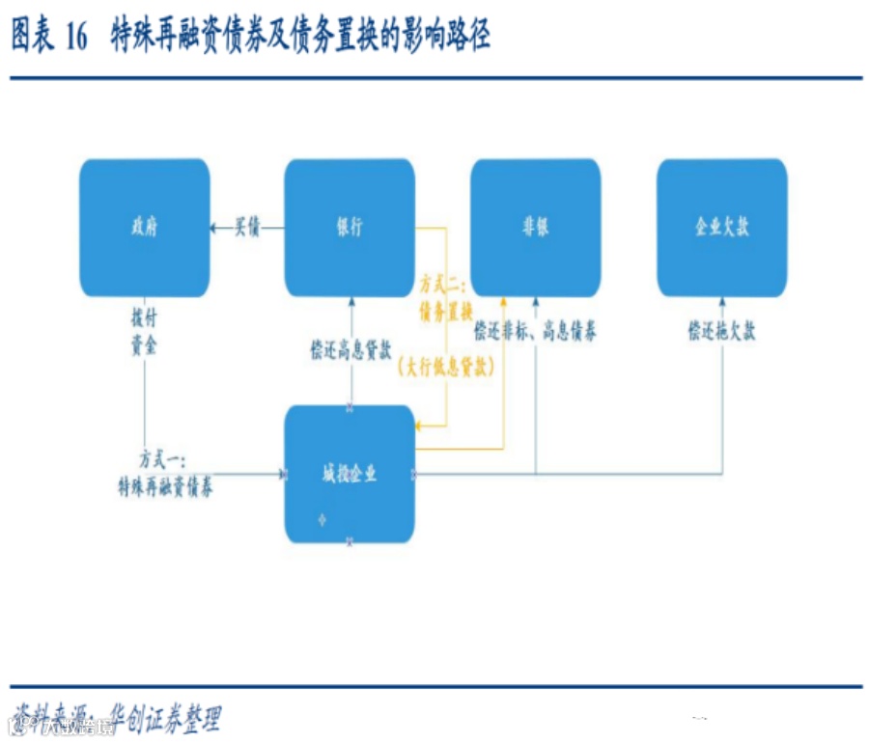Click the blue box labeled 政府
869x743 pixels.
pos(144,228)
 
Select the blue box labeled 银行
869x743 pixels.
pos(349,228)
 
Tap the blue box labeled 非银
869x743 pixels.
pos(535,228)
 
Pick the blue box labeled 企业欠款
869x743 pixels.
pos(721,228)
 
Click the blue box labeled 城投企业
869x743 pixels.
pos(349,474)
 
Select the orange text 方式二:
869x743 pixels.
pos(443,285)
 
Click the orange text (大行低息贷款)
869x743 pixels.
pos(444,368)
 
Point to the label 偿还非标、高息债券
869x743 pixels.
pos(535,332)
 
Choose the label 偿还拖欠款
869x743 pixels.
pos(721,332)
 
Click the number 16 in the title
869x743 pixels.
pos(75,37)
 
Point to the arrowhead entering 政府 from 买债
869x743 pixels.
pos(213,228)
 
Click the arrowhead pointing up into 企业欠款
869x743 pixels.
pos(722,301)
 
